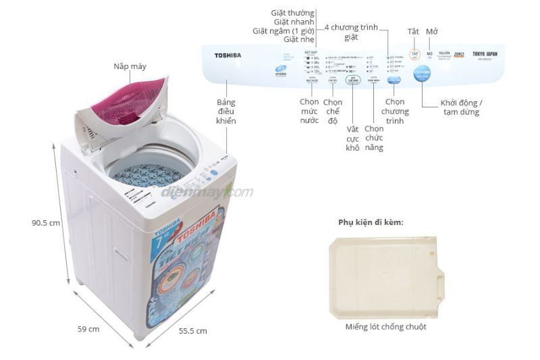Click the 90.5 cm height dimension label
[x=46, y=222]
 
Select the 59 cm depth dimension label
[x=89, y=329]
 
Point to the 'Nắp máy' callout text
[x=130, y=66]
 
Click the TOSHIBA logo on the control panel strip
[x=227, y=55]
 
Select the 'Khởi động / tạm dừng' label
[x=462, y=107]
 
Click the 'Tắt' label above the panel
[x=414, y=32]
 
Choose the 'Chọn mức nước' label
[x=309, y=111]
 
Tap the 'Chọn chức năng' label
[x=374, y=138]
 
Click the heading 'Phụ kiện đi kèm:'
[x=371, y=222]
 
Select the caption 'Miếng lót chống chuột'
[x=385, y=327]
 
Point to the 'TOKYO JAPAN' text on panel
[x=484, y=53]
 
